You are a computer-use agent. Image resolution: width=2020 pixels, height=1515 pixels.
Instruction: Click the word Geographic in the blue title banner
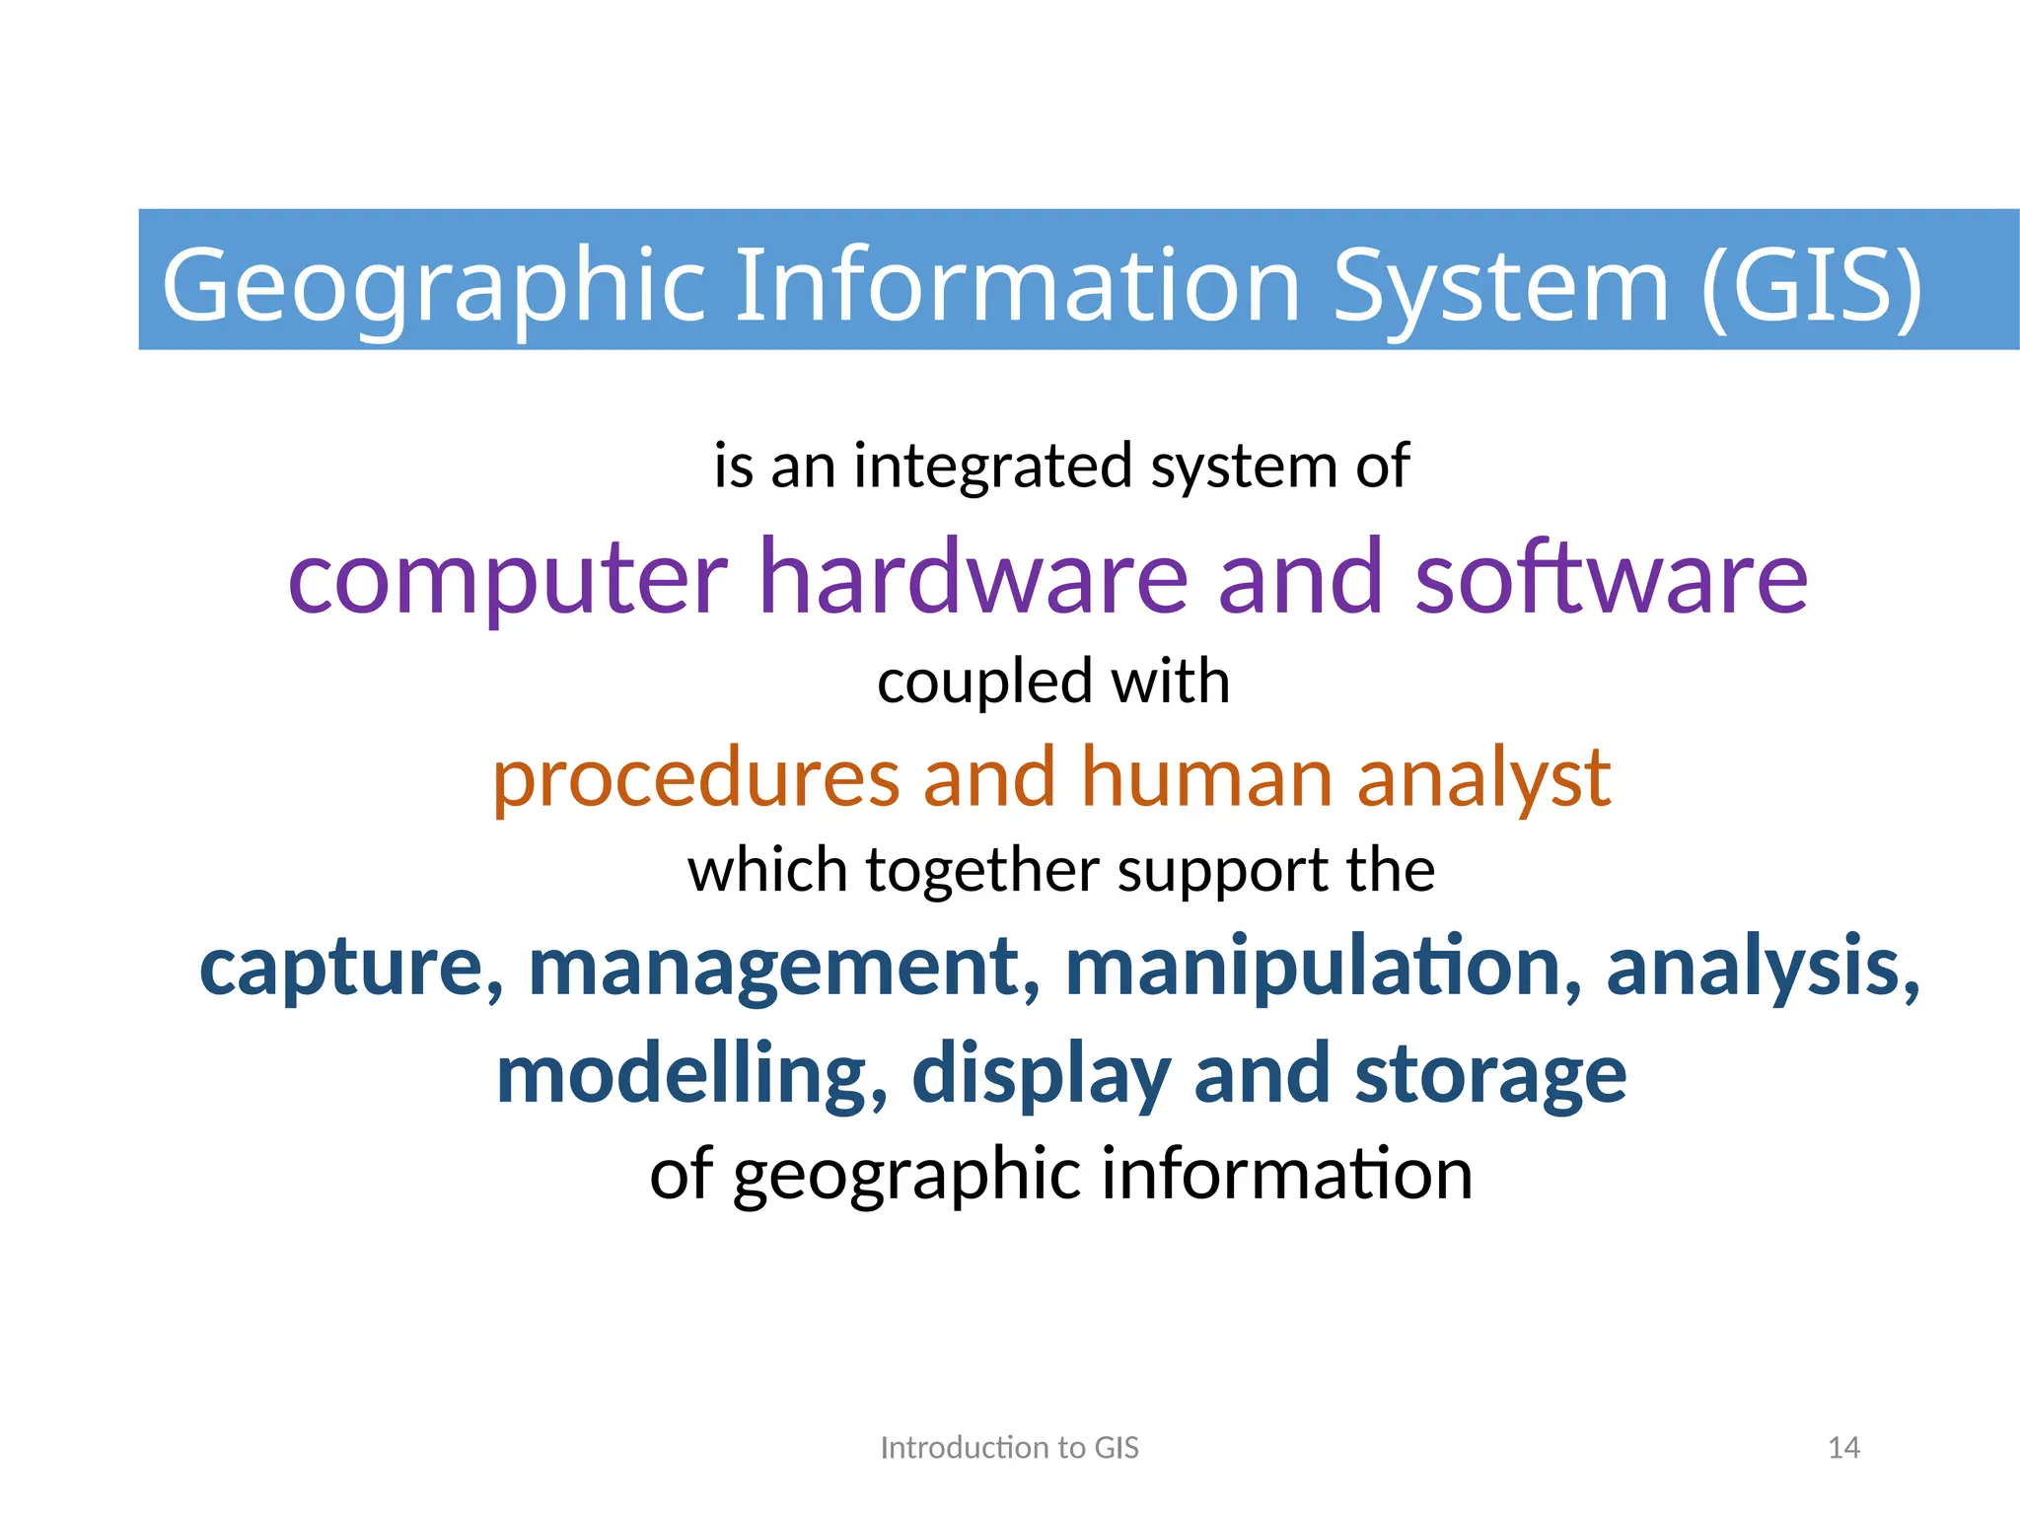point(434,286)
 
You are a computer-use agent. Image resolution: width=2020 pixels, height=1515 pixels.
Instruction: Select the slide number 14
point(1843,1448)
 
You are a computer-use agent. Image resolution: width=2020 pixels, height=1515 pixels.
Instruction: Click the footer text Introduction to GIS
point(1009,1448)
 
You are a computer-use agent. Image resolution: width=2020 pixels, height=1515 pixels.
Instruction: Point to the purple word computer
point(507,579)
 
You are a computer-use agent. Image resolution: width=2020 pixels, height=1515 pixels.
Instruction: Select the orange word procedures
point(695,778)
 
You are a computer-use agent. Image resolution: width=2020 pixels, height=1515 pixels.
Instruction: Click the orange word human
point(1207,778)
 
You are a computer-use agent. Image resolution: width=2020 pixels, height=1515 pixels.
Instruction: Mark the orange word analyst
point(1483,780)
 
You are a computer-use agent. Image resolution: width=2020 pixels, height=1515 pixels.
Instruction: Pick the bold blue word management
point(785,969)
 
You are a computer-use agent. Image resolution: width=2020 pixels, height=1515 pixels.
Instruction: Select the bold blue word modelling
point(691,1075)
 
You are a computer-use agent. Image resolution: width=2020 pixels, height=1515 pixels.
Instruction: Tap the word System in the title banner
point(1500,286)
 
